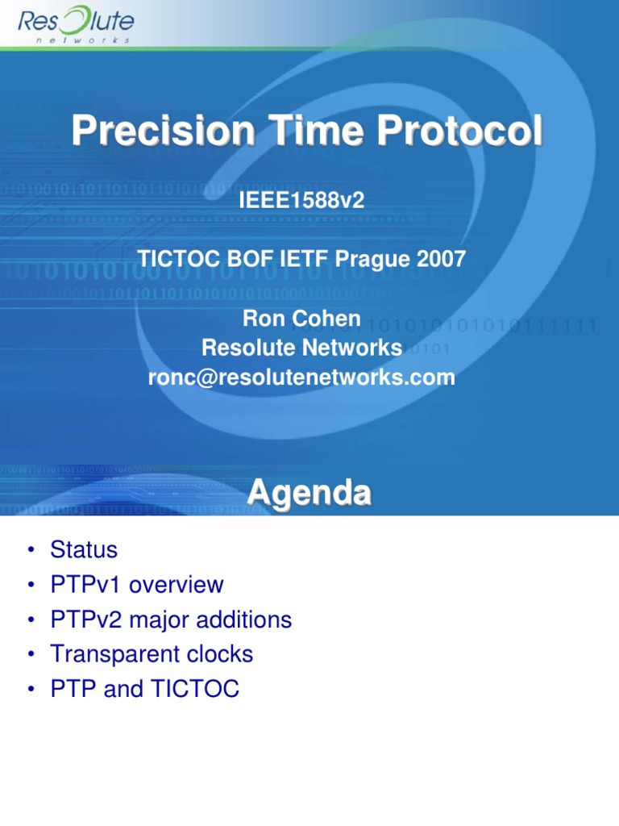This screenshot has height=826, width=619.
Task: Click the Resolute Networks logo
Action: click(77, 25)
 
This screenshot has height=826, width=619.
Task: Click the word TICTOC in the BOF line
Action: click(177, 259)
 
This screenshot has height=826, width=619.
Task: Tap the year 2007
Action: click(442, 259)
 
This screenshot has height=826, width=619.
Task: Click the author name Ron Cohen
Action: click(301, 318)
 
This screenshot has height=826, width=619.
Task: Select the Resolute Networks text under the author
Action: click(301, 348)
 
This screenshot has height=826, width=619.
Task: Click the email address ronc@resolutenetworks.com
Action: click(301, 377)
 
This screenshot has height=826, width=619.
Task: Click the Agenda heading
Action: click(309, 493)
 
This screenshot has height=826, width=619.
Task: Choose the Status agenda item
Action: click(84, 550)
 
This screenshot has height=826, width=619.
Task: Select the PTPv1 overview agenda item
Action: click(136, 585)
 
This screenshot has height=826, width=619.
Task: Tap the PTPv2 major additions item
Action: click(171, 619)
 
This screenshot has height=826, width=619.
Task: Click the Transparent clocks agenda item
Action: click(152, 654)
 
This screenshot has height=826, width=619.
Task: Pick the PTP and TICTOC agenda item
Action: click(144, 689)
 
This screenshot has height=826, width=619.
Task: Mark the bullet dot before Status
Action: click(30, 551)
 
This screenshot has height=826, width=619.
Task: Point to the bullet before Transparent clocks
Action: click(30, 655)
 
